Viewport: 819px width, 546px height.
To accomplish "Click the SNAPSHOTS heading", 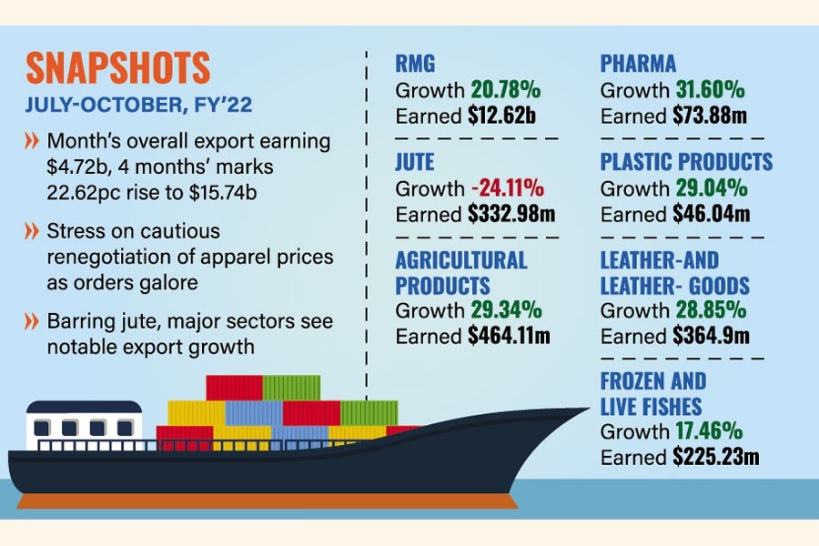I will [118, 69].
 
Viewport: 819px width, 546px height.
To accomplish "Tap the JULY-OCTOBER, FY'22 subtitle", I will [138, 106].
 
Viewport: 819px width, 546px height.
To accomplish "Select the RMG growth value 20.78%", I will [506, 90].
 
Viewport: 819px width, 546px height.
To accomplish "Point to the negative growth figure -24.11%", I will [507, 189].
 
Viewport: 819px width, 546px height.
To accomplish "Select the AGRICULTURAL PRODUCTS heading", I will [460, 271].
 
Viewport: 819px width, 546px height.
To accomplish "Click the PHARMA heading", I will [638, 64].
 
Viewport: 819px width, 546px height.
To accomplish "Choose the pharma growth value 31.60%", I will [711, 90].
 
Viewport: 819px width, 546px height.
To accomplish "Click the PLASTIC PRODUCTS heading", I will [686, 163].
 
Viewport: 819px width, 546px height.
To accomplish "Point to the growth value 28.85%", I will [711, 310].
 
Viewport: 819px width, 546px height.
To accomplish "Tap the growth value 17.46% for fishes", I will [711, 431].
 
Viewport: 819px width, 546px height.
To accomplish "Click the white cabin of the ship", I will [84, 426].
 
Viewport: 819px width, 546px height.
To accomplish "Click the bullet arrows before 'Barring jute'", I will [32, 322].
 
